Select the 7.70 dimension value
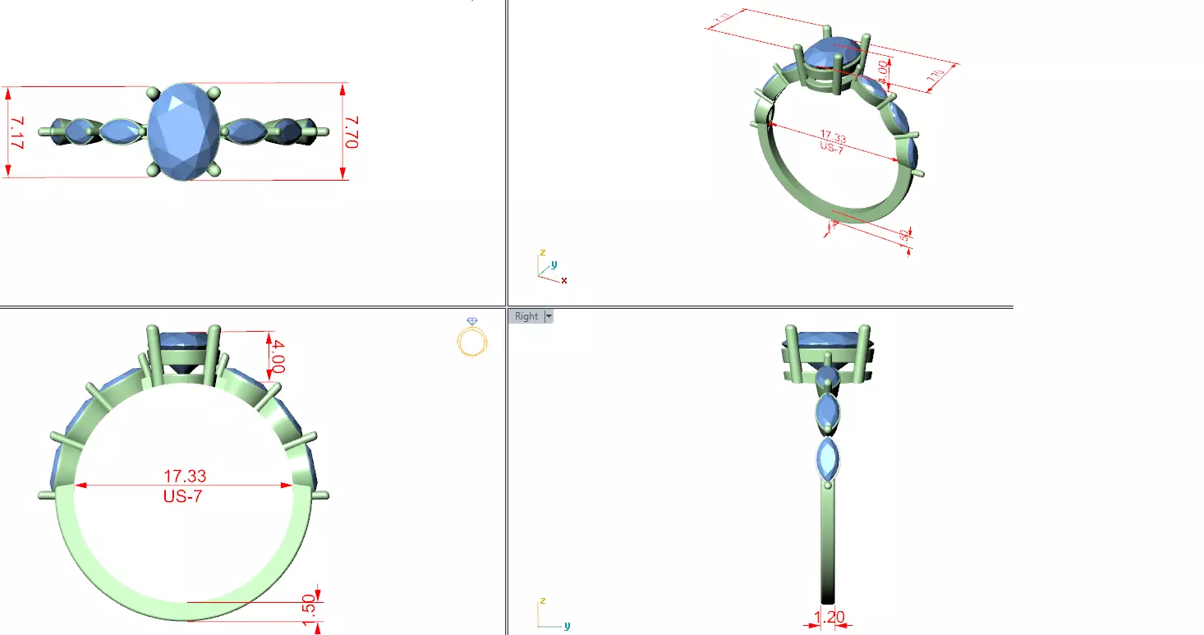[x=352, y=131]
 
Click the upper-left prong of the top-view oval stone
[x=153, y=92]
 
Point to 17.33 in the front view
[x=185, y=476]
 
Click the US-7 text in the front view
[x=184, y=496]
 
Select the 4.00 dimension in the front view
[x=278, y=356]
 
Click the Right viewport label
[x=526, y=316]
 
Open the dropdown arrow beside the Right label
[x=548, y=316]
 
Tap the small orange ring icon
[x=472, y=338]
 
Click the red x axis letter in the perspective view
[x=564, y=281]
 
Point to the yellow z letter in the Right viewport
[x=542, y=601]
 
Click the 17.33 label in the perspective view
[x=834, y=137]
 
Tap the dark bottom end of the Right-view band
[x=828, y=596]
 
